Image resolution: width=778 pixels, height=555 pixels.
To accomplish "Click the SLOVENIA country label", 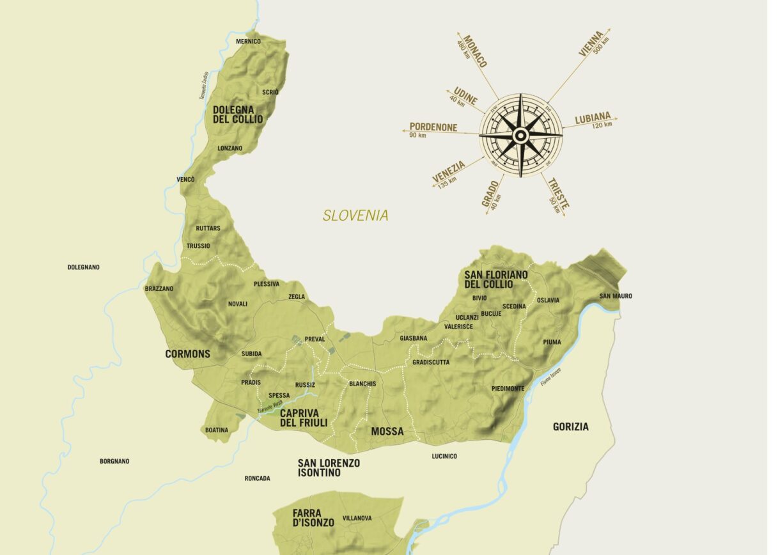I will [355, 215].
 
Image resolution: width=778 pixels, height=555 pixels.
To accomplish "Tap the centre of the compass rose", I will [520, 135].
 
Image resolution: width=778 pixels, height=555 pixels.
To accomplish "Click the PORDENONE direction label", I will [433, 127].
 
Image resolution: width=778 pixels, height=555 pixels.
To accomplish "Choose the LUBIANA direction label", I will [593, 118].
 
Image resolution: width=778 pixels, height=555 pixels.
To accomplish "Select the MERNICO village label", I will [248, 42].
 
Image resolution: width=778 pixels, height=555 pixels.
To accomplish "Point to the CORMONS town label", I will [187, 354].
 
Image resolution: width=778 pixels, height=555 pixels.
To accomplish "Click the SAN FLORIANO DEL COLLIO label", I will [496, 279].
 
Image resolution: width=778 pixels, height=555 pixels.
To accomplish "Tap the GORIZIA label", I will [570, 426].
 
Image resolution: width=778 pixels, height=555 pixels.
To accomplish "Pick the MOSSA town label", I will [387, 432].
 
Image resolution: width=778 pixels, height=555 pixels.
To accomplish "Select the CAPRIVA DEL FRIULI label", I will [304, 418].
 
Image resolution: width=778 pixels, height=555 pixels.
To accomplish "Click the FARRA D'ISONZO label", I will [313, 518].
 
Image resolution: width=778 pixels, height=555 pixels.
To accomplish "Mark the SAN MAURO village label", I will [616, 295].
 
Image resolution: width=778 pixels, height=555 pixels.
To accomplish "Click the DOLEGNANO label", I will [83, 267].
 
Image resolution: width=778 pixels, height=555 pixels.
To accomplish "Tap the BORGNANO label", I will [114, 461].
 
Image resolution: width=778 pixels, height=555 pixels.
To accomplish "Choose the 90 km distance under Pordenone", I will [417, 136].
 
